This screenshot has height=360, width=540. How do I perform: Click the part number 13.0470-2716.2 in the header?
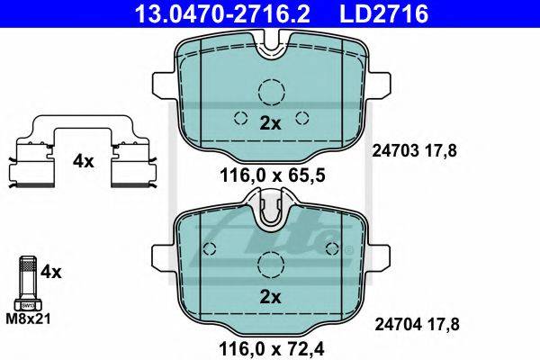point(222,13)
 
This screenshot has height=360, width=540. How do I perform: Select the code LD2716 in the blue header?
point(384,13)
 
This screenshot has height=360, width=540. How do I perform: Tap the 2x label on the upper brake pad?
point(270,123)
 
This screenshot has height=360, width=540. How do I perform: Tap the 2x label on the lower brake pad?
point(270,297)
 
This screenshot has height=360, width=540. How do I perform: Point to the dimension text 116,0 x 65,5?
point(273,176)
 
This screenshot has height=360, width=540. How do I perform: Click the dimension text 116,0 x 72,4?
point(272,349)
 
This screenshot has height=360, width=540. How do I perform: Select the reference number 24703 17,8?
point(415,151)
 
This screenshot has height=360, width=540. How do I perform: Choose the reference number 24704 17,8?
point(417,324)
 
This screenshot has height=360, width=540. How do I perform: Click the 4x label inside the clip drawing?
point(83,161)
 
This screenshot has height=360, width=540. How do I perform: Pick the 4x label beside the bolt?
point(50,272)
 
